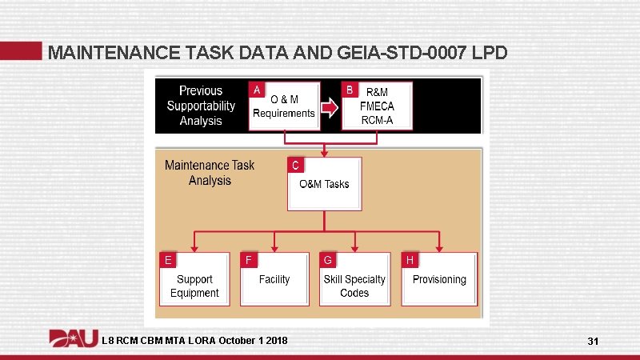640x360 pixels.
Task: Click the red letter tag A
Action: [257, 89]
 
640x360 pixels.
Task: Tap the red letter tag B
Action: [350, 89]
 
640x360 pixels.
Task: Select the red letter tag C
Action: [296, 166]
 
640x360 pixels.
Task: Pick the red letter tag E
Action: [168, 260]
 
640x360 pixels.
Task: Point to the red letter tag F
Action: [249, 260]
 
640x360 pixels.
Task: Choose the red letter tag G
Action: [328, 260]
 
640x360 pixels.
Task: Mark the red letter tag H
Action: [410, 260]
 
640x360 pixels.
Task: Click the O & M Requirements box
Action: [285, 106]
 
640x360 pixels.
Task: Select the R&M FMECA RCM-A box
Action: [378, 106]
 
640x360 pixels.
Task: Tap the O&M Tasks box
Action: [324, 184]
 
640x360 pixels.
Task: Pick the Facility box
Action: [274, 279]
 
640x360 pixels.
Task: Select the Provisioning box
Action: [439, 279]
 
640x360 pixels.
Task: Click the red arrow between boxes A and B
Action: [330, 106]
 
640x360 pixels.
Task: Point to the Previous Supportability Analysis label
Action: [201, 106]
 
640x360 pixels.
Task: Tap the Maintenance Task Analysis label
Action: [210, 173]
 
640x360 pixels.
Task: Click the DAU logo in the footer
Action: [74, 340]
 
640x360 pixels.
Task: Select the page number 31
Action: [593, 342]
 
